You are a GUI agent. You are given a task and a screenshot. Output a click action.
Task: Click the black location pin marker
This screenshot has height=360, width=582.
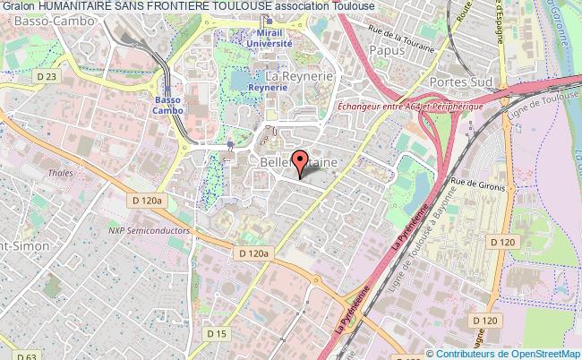pos(299,174)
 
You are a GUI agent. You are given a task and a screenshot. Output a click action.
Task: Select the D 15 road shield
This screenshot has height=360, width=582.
pos(217,309)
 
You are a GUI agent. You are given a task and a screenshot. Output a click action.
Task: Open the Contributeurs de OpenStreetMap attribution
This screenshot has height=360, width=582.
pos(508,353)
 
